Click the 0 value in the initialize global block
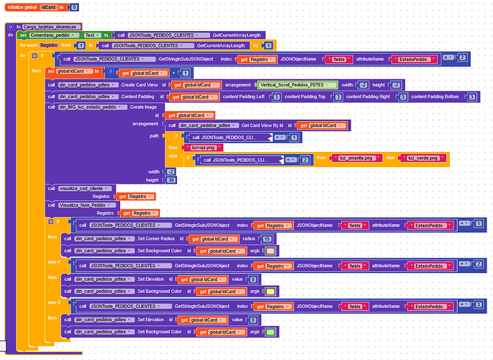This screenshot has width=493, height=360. tap(75, 6)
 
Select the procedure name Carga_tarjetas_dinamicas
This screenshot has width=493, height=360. tap(50, 27)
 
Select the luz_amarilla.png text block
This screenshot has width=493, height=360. tap(356, 158)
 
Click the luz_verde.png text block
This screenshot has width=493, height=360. tap(421, 158)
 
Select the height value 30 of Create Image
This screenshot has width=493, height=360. tap(171, 179)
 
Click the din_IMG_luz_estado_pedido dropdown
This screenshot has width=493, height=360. tap(89, 106)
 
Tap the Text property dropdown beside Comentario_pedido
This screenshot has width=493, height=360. tap(91, 35)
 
